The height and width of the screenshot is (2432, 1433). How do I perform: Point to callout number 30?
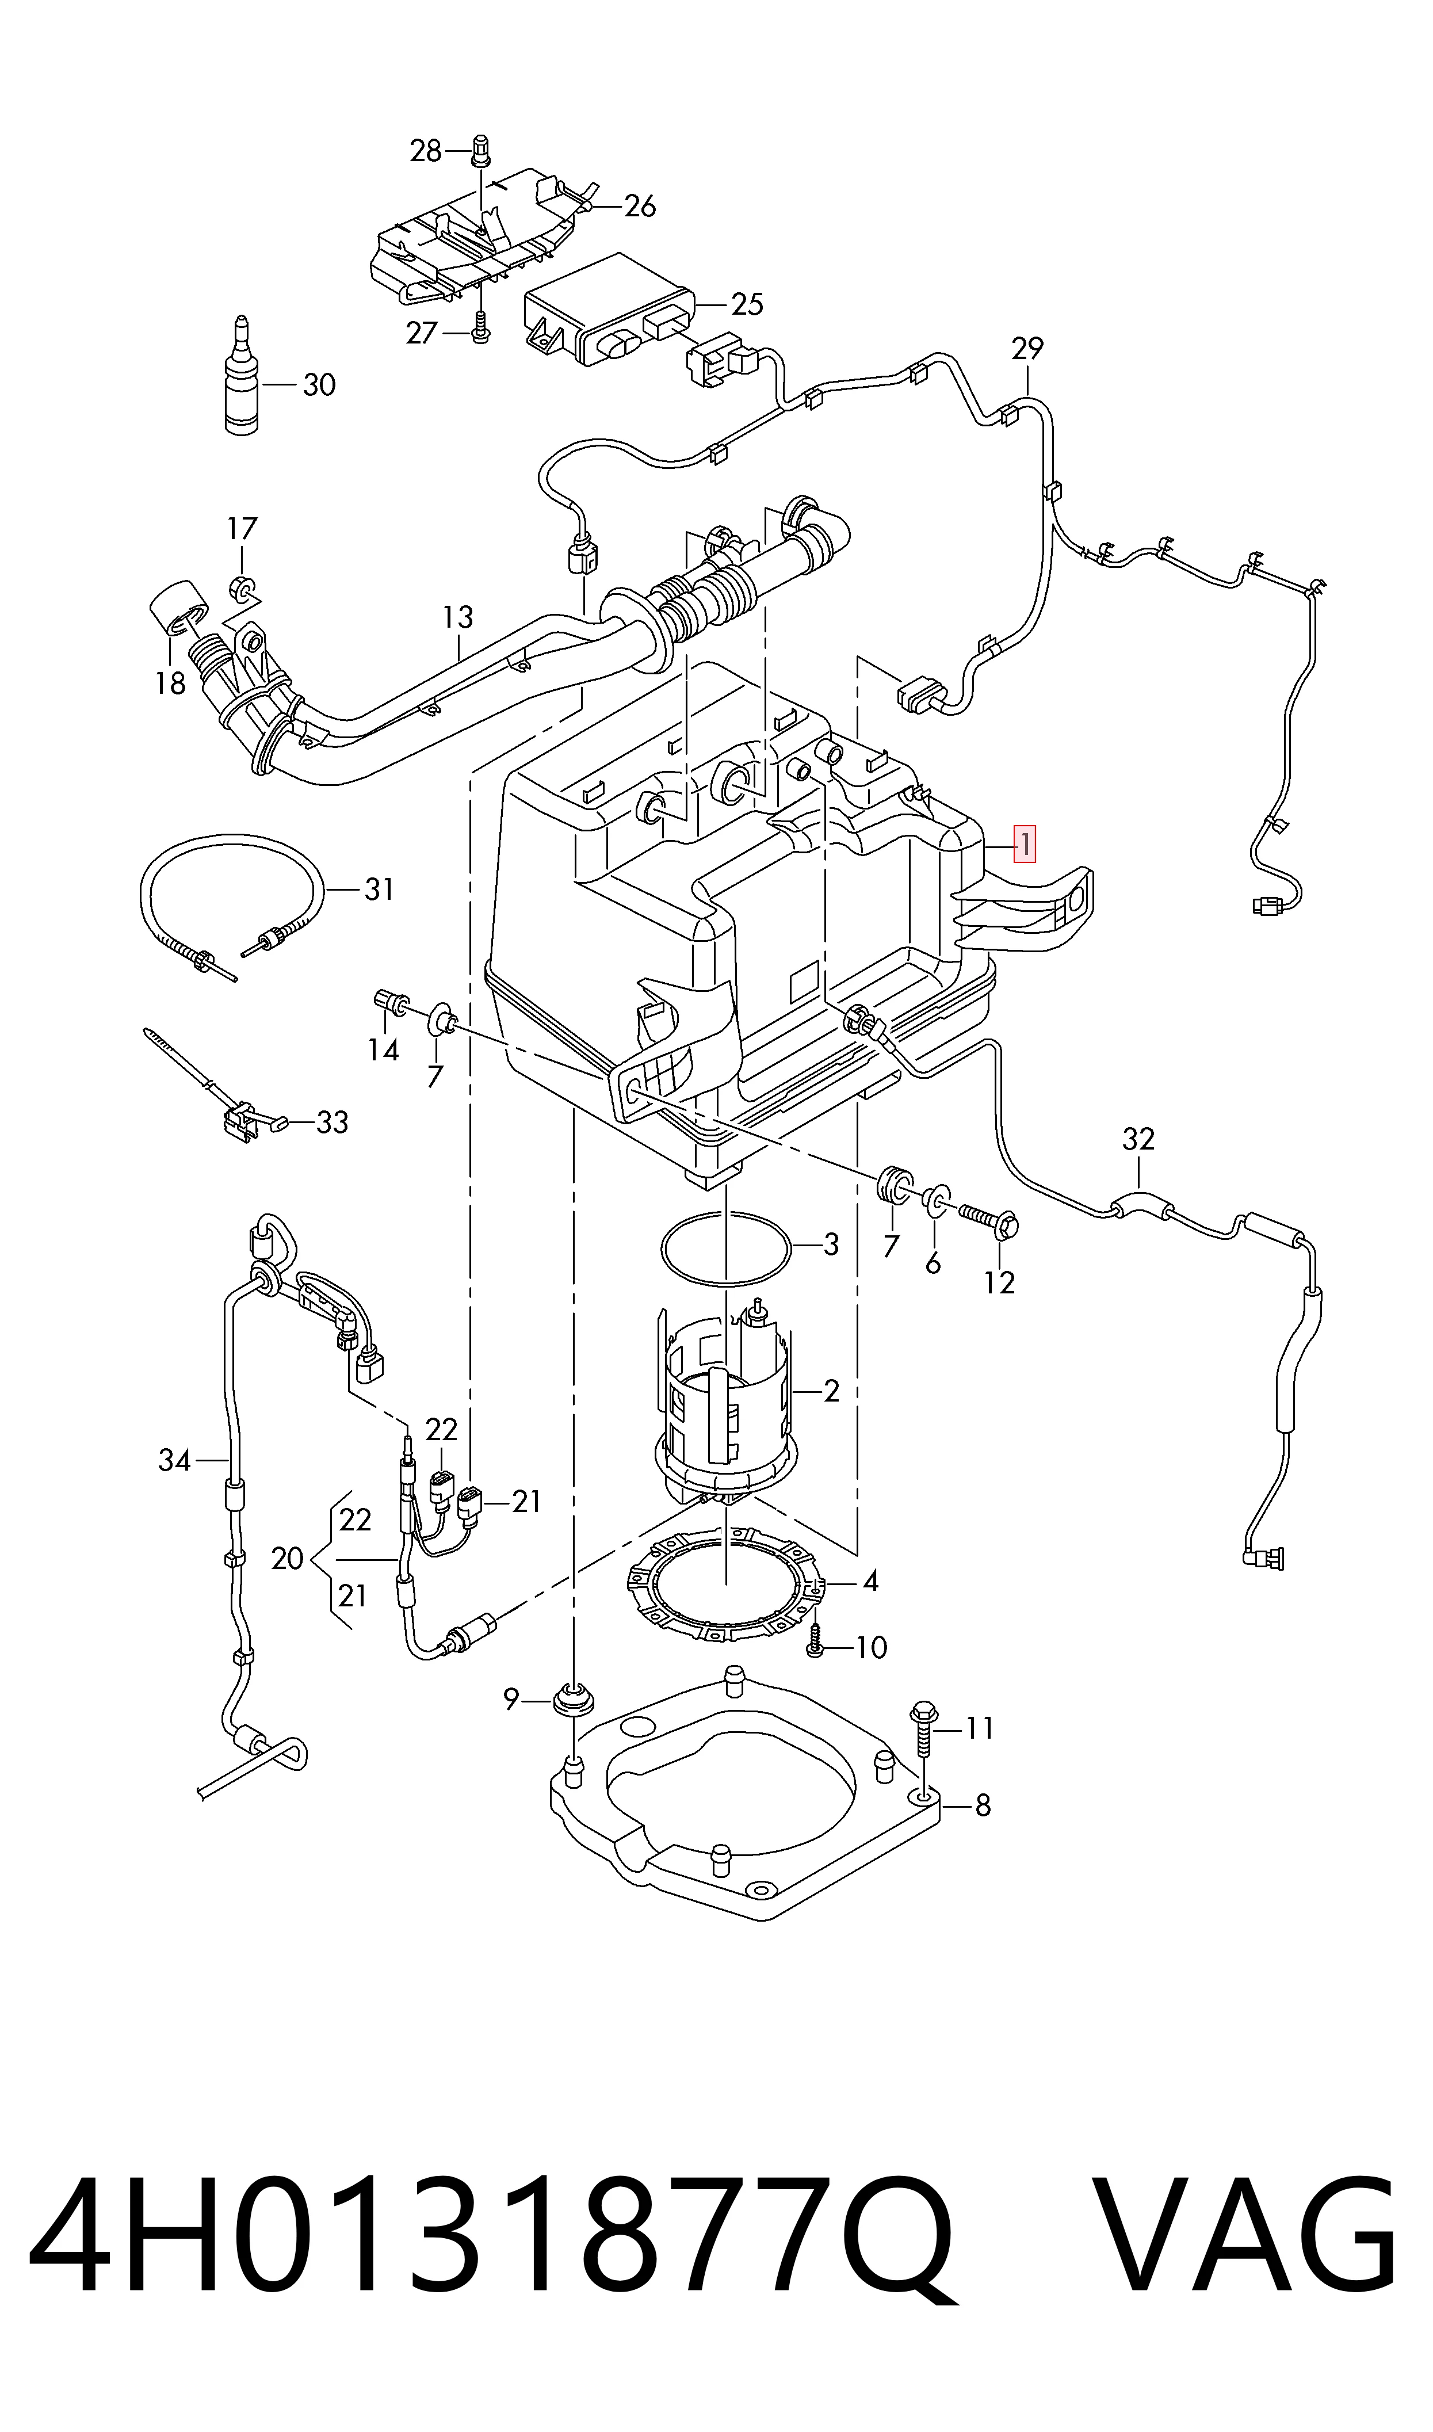click(319, 385)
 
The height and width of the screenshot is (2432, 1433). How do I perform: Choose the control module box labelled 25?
click(609, 311)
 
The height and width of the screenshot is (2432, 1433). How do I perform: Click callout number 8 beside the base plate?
click(983, 1805)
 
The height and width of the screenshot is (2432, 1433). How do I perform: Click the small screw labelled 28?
click(481, 150)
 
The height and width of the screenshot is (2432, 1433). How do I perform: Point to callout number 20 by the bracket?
click(287, 1558)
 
